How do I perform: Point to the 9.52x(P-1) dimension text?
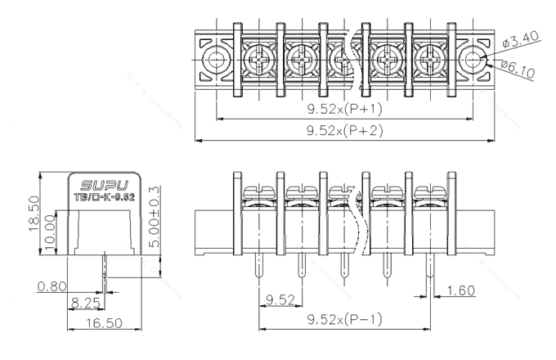pyautogui.click(x=343, y=318)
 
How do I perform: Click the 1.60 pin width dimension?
pyautogui.click(x=462, y=290)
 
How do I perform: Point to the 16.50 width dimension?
pyautogui.click(x=87, y=325)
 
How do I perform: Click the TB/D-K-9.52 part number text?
pyautogui.click(x=100, y=196)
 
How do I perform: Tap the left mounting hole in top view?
pyautogui.click(x=217, y=59)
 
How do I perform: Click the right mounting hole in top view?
pyautogui.click(x=473, y=59)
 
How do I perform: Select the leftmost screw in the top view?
pyautogui.click(x=259, y=60)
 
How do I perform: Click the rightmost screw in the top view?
pyautogui.click(x=428, y=60)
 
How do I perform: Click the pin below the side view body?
pyautogui.click(x=105, y=265)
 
